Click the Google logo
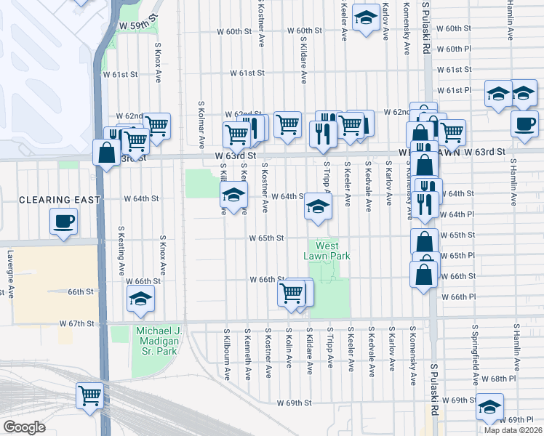click(24, 427)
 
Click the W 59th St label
click(139, 25)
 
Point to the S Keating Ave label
click(121, 251)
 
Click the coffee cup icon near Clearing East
click(64, 221)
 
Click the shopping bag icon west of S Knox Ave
click(107, 153)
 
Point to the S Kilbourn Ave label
click(227, 355)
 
